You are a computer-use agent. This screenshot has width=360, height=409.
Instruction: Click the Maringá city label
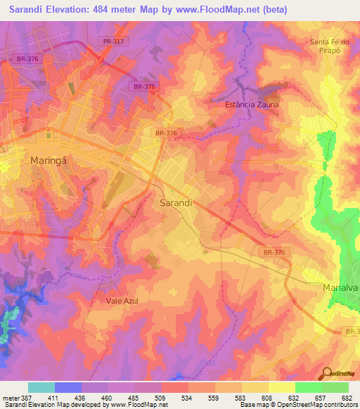coord(48,160)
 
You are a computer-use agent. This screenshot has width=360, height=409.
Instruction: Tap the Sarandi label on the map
coord(172,202)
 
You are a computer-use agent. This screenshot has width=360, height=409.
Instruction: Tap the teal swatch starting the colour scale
coord(41,387)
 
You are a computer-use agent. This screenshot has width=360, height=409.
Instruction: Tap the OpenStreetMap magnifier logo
coord(327,375)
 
